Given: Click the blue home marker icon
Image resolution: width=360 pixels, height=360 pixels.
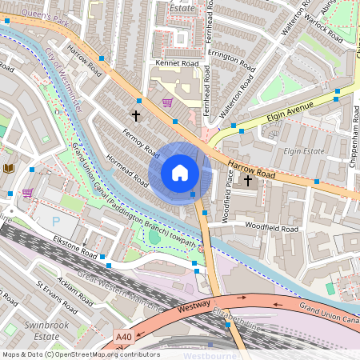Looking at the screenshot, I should (x=180, y=173).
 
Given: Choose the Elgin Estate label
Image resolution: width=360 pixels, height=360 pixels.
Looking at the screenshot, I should (x=302, y=150).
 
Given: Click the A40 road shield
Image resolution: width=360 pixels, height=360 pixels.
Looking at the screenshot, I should (x=123, y=338).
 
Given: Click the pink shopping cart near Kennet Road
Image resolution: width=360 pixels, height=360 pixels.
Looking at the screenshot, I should (x=167, y=102).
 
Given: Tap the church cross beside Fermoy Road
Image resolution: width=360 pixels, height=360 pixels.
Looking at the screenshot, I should (x=135, y=116).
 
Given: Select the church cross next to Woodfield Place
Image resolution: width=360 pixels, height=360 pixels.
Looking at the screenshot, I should (x=247, y=181).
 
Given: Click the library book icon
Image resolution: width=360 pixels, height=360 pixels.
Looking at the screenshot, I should (x=9, y=168).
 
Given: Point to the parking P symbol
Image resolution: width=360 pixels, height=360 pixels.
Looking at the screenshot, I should (x=55, y=221).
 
